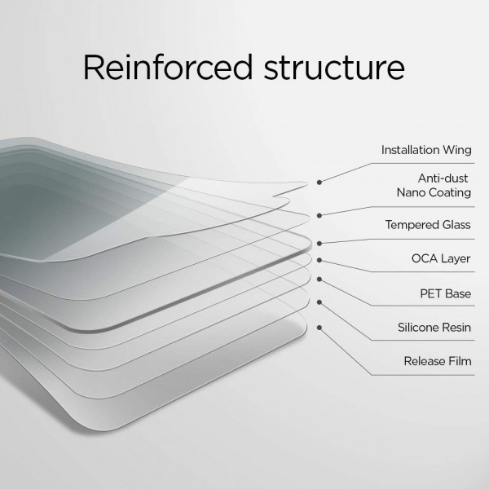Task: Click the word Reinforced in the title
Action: click(167, 68)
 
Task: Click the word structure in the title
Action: click(334, 68)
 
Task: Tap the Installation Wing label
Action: click(426, 150)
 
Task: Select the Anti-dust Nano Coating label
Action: click(434, 186)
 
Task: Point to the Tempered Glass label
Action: click(428, 225)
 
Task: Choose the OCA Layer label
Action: click(441, 258)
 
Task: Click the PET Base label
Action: click(445, 293)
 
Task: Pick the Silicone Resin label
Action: click(434, 328)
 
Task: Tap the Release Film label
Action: click(438, 361)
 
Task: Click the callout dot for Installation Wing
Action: click(319, 182)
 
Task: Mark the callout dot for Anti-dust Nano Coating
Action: click(319, 215)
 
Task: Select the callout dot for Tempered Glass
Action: click(319, 244)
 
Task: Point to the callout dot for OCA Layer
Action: click(319, 260)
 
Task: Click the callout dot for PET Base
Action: click(319, 280)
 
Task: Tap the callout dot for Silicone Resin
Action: click(319, 302)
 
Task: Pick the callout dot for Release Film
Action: click(319, 328)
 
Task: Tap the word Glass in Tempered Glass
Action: click(456, 225)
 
